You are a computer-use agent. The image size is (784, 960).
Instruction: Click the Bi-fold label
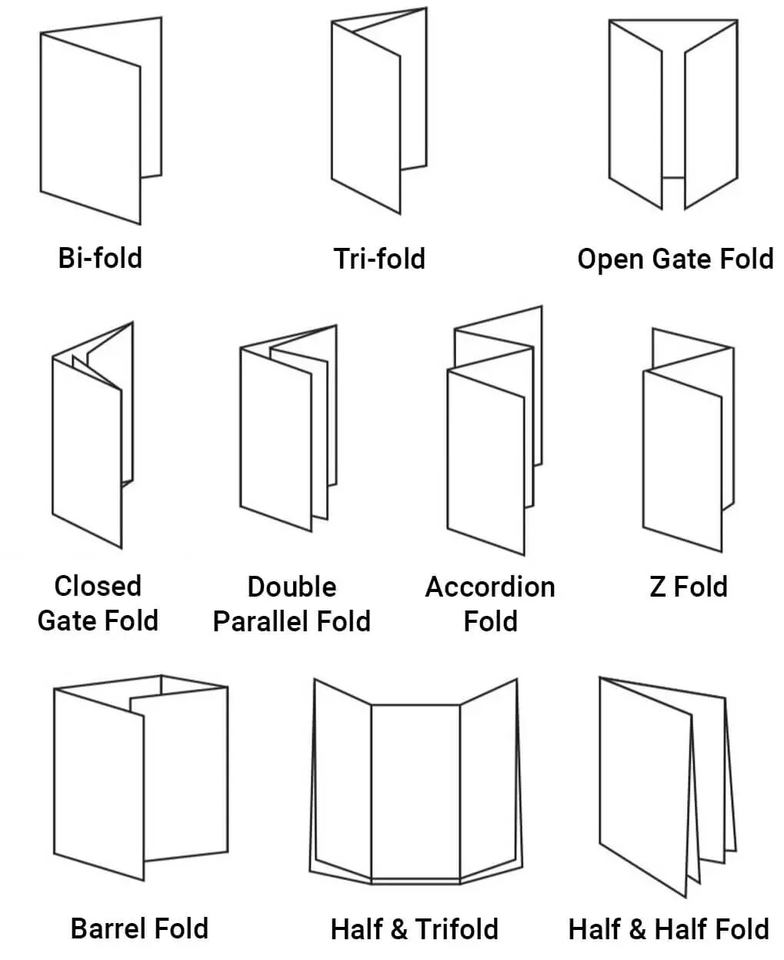coord(100,257)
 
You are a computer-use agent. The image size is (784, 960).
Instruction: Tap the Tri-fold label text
coord(379,259)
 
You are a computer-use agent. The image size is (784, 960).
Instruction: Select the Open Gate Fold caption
coord(675,259)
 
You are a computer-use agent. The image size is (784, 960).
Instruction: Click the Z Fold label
coord(688,587)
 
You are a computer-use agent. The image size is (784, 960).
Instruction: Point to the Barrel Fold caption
coord(139,928)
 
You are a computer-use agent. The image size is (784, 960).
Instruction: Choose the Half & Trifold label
coord(414,928)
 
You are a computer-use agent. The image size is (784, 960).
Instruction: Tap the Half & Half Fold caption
coord(668,928)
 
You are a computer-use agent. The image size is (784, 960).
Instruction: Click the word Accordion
coord(490,587)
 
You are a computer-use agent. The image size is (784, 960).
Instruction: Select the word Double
coord(292,587)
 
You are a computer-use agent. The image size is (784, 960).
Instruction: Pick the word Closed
coord(98,586)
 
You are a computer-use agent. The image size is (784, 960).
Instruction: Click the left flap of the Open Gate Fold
coord(636,115)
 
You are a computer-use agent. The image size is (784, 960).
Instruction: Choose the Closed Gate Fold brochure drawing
coord(86,447)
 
